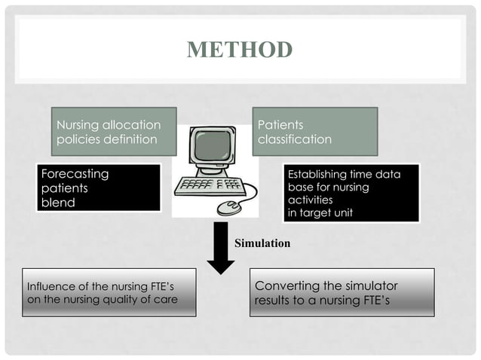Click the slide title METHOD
[239, 50]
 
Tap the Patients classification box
[314, 132]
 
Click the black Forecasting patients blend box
[99, 188]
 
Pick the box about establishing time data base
[351, 193]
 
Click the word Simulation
[262, 244]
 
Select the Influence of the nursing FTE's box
[109, 293]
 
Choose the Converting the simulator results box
[342, 293]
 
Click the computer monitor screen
[208, 150]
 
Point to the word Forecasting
[75, 174]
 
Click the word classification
[294, 139]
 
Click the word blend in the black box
[58, 202]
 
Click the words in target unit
[320, 212]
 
